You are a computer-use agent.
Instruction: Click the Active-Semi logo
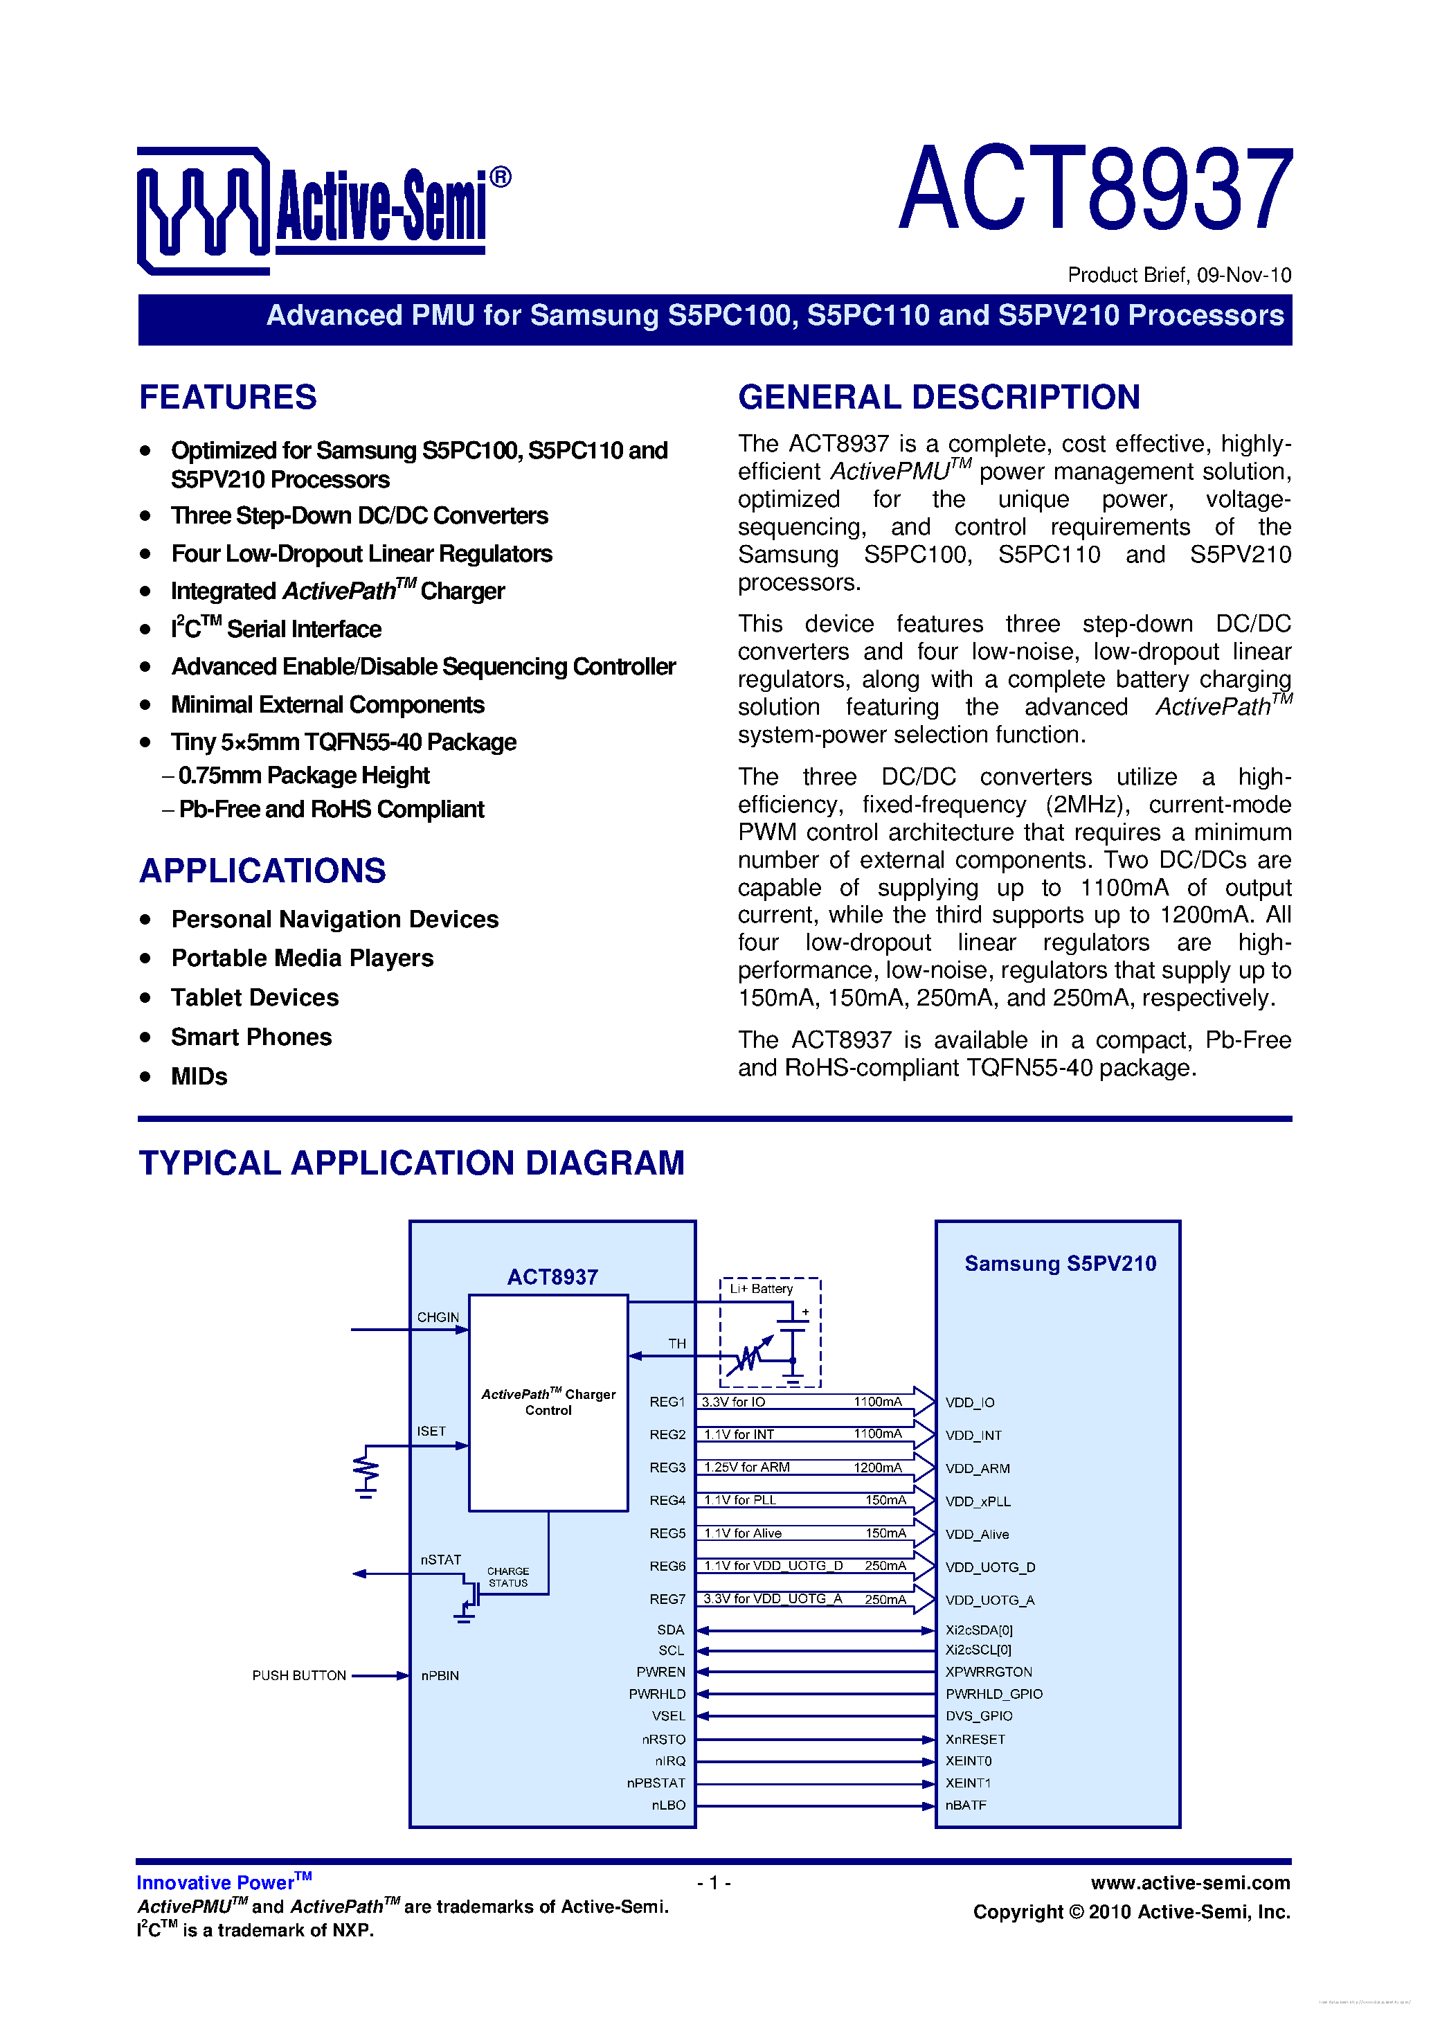(x=323, y=210)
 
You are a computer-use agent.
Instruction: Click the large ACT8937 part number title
(x=1095, y=189)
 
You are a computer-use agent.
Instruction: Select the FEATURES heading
(x=228, y=397)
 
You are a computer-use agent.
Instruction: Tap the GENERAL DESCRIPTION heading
(x=938, y=397)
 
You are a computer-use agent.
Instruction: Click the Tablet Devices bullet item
(x=255, y=997)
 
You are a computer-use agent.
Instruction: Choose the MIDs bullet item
(x=199, y=1077)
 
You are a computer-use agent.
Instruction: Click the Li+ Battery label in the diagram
(x=761, y=1289)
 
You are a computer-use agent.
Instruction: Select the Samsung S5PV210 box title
(x=1060, y=1263)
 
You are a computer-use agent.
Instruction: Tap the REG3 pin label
(x=667, y=1468)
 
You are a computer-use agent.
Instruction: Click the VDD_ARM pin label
(x=977, y=1468)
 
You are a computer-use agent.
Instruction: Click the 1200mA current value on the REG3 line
(x=877, y=1468)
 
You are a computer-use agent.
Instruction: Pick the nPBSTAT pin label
(x=656, y=1783)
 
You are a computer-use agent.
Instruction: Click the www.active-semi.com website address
(x=1189, y=1882)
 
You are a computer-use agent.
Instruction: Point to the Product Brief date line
(x=1179, y=275)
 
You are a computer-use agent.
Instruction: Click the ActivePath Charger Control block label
(x=548, y=1402)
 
